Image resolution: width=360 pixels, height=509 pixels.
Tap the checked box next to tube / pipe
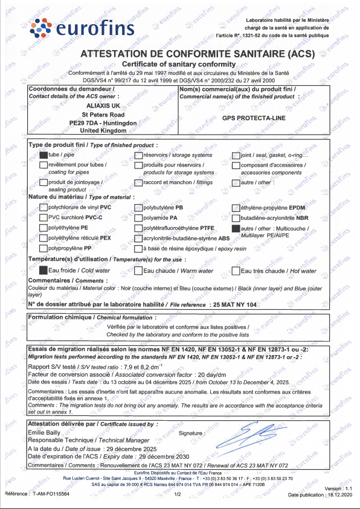[x=43, y=155]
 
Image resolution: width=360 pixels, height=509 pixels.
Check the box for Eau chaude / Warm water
[x=138, y=271]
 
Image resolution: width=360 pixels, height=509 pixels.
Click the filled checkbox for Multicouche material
[x=236, y=229]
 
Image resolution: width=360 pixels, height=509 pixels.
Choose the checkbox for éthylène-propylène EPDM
[x=236, y=208]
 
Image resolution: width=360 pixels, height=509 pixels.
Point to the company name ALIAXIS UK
[x=103, y=105]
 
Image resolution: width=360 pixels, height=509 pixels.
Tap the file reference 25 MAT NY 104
[x=235, y=305]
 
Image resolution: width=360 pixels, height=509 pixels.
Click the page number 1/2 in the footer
[x=178, y=494]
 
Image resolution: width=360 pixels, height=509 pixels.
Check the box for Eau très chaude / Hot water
[x=236, y=271]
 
